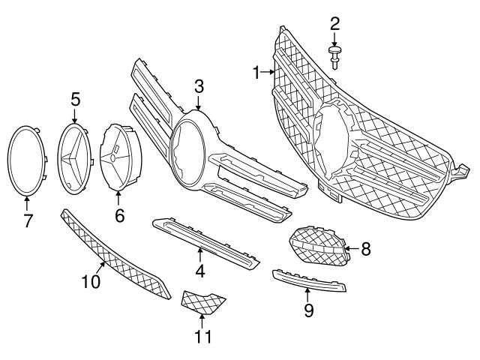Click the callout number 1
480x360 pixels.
pyautogui.click(x=256, y=73)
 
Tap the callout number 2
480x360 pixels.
pyautogui.click(x=334, y=24)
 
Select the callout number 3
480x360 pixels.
pyautogui.click(x=199, y=86)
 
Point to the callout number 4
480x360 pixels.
pyautogui.click(x=200, y=270)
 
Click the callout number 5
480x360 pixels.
pyautogui.click(x=75, y=97)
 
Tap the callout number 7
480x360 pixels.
pyautogui.click(x=28, y=222)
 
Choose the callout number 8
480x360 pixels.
pyautogui.click(x=365, y=248)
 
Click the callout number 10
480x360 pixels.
pyautogui.click(x=91, y=282)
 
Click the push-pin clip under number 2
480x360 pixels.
pyautogui.click(x=334, y=55)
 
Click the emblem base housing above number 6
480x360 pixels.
pyautogui.click(x=118, y=157)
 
